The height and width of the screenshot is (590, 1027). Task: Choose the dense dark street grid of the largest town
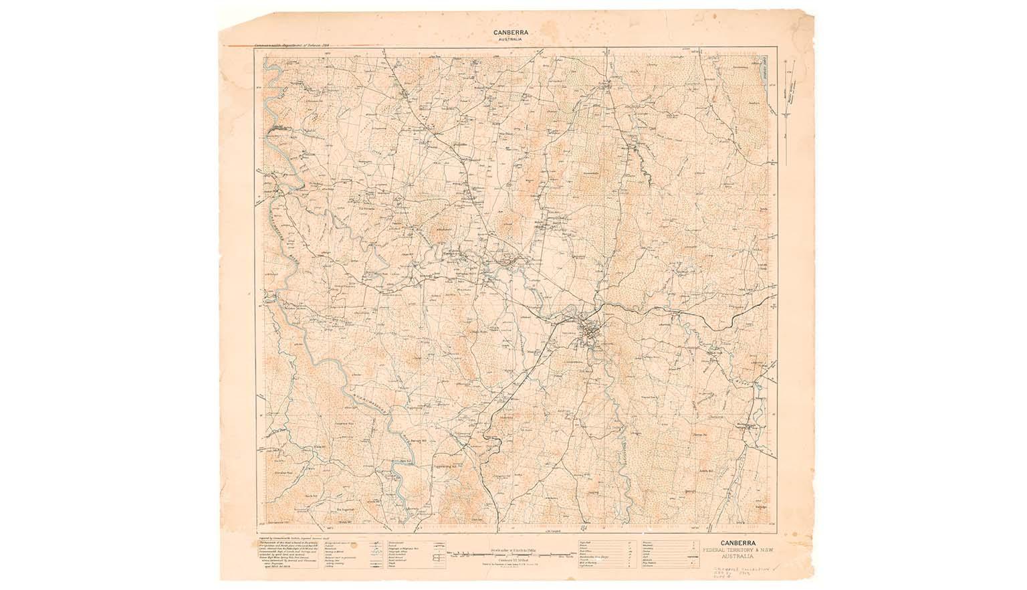(590, 330)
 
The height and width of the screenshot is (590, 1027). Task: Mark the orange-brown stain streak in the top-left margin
(234, 45)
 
